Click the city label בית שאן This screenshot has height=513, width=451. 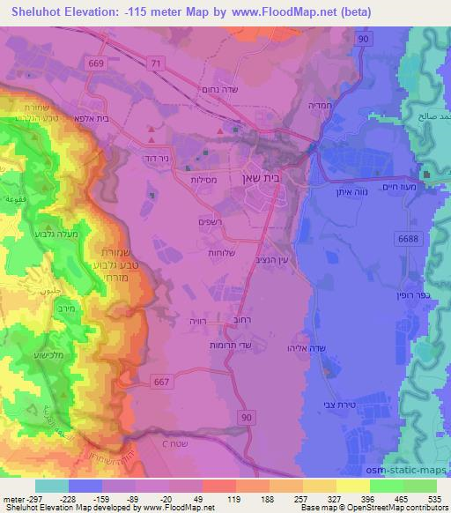coord(264,177)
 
